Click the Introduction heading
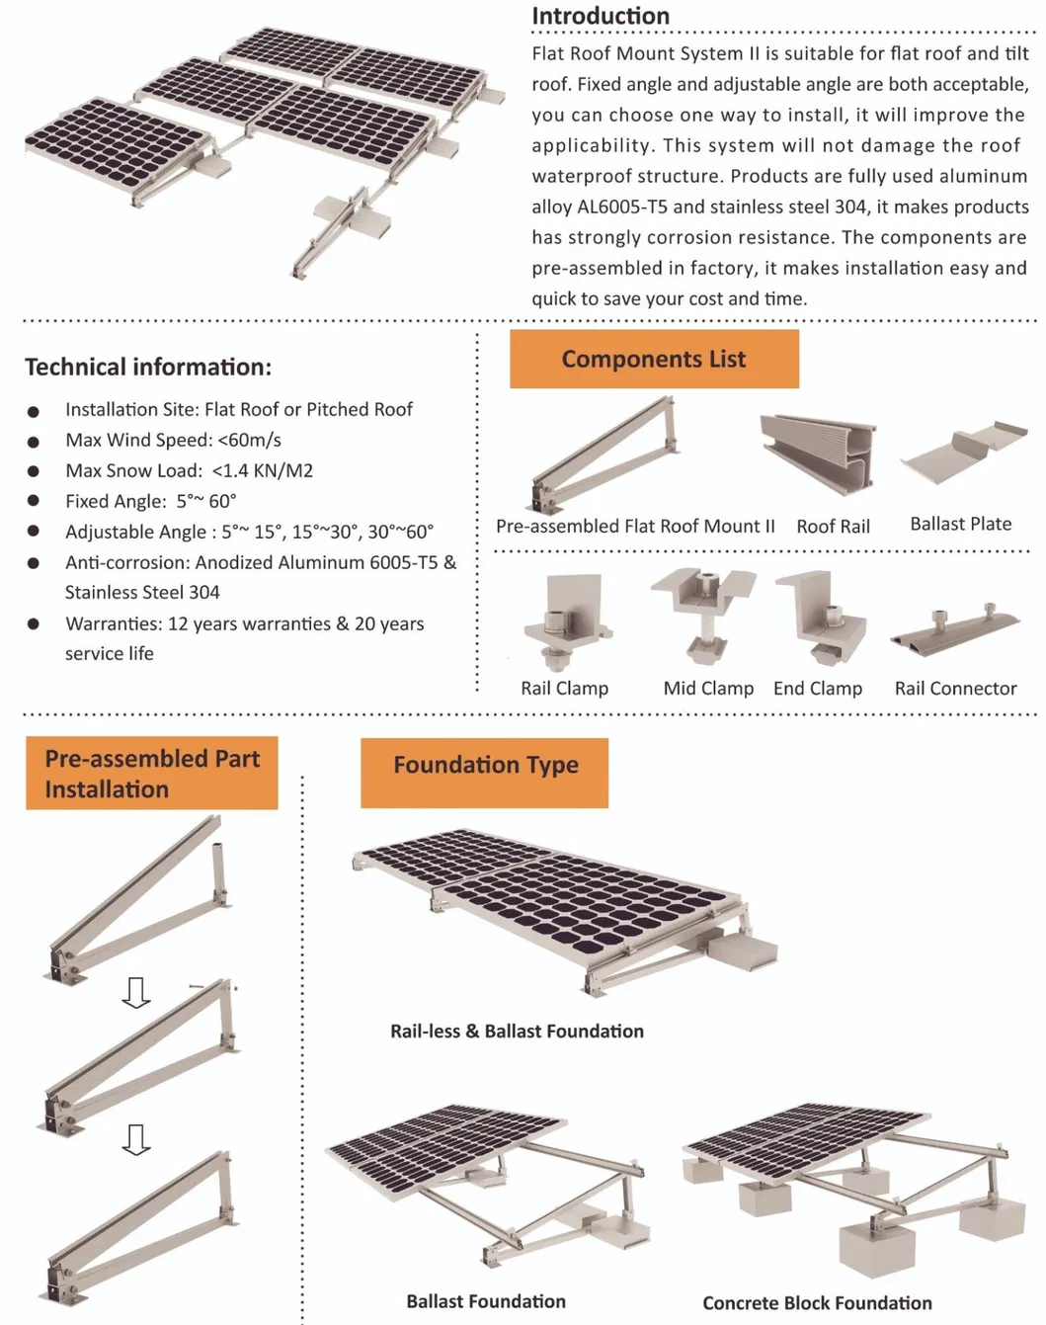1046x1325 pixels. [600, 16]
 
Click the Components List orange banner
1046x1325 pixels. [654, 359]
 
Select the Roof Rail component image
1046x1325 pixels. [817, 455]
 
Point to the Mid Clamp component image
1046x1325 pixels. [703, 614]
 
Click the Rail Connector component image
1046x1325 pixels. [954, 628]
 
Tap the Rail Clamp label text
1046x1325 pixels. [564, 688]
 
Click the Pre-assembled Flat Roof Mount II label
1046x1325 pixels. [635, 527]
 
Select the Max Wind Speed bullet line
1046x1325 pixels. [173, 440]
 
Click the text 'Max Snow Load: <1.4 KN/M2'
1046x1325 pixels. [189, 470]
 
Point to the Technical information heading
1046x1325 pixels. [148, 367]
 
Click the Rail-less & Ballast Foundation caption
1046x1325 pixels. [517, 1031]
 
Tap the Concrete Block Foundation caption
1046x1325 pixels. [817, 1303]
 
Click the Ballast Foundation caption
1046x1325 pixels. [486, 1301]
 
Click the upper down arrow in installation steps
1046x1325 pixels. [136, 992]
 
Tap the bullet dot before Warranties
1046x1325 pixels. [34, 624]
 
